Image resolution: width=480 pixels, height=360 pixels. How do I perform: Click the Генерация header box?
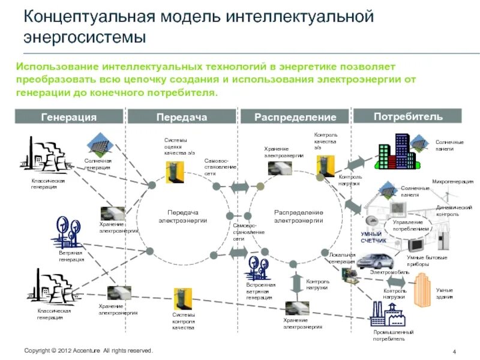(68, 117)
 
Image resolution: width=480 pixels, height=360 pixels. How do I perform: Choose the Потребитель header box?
(408, 116)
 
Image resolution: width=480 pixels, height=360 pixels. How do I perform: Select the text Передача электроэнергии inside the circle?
(182, 217)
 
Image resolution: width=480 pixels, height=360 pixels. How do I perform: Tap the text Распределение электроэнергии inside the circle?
(298, 217)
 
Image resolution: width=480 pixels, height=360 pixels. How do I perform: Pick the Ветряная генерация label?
(71, 256)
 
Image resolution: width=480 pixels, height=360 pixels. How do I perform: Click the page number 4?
(454, 351)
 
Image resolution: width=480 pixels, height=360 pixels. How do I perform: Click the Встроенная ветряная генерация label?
(260, 290)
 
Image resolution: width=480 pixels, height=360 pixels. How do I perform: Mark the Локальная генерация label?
(342, 258)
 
